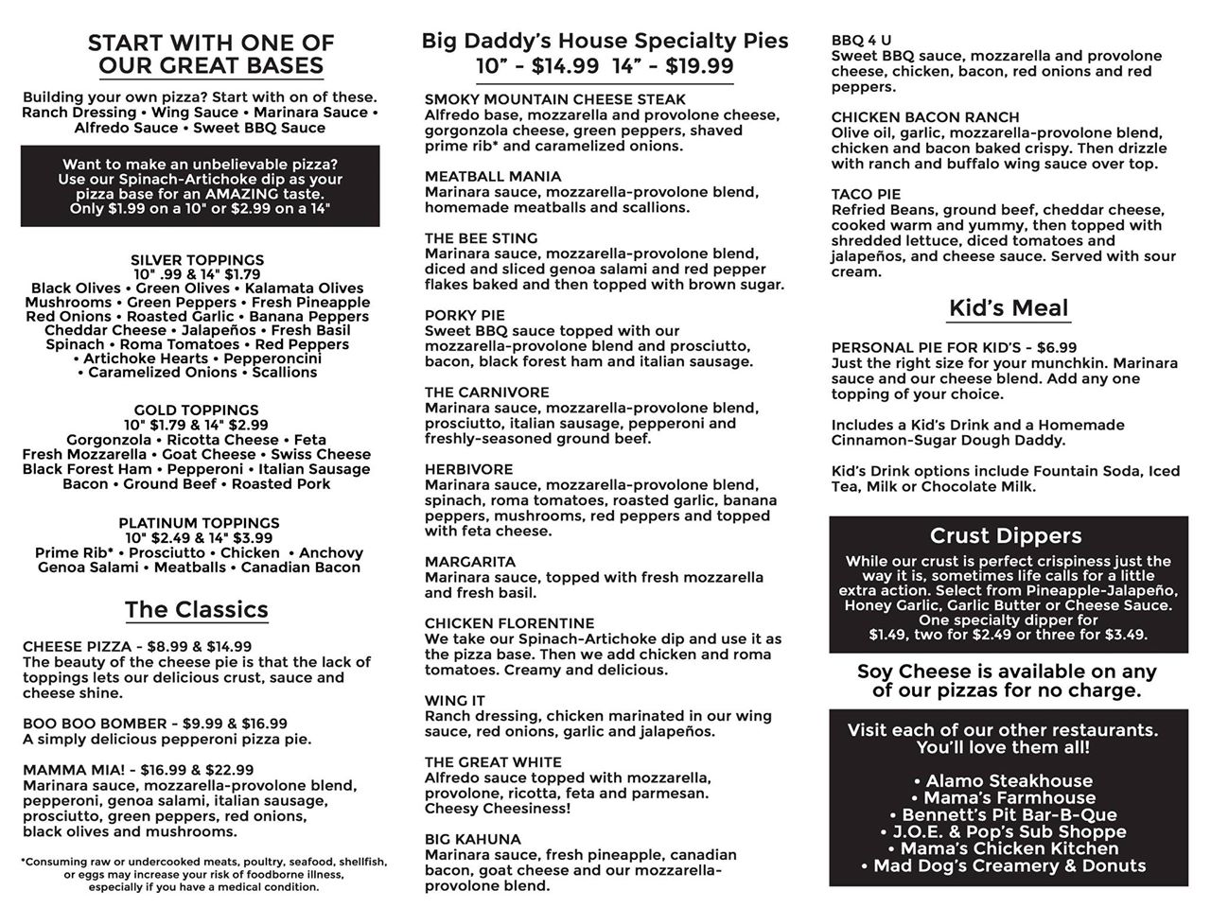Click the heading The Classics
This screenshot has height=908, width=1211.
197,610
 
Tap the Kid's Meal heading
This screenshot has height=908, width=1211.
1009,308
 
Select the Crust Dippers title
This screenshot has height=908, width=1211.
1006,536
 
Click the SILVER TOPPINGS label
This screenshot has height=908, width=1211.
197,260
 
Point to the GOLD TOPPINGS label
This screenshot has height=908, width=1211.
196,410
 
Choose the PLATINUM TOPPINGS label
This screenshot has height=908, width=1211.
199,523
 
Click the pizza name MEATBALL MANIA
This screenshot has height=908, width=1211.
493,177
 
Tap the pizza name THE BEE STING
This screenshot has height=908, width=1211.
481,238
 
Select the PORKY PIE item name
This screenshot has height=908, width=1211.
465,316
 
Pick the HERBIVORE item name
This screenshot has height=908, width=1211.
469,470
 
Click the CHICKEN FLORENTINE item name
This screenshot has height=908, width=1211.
509,624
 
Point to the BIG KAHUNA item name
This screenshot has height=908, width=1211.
472,840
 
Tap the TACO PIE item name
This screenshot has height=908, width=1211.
866,195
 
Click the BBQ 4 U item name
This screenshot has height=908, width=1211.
861,41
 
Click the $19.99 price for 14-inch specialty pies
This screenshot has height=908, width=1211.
699,66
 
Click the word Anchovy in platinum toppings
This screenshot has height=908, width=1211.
331,553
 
